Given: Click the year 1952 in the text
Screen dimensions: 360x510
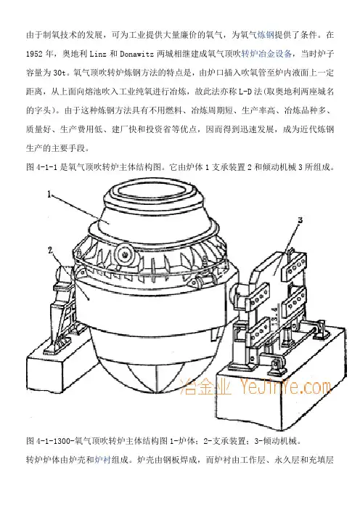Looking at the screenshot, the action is [34, 54].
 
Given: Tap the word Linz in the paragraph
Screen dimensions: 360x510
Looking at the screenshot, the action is [97, 54].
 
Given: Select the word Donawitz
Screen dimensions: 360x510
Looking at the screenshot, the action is [136, 54].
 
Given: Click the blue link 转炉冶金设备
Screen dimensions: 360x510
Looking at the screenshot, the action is [266, 54].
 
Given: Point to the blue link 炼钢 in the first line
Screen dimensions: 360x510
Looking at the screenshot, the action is [266, 35].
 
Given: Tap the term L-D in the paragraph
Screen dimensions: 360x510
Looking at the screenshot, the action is [245, 92].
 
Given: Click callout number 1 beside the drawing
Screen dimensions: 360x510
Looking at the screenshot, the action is [49, 195].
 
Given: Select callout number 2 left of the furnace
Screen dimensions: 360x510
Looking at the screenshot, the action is [50, 251].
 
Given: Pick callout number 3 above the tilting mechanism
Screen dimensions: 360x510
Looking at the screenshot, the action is [300, 220].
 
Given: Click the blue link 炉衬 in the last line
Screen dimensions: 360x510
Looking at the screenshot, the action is [102, 461].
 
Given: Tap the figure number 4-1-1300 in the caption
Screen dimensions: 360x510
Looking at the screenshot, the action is [52, 442].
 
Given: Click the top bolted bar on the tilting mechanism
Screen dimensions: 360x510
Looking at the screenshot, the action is [295, 264].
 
